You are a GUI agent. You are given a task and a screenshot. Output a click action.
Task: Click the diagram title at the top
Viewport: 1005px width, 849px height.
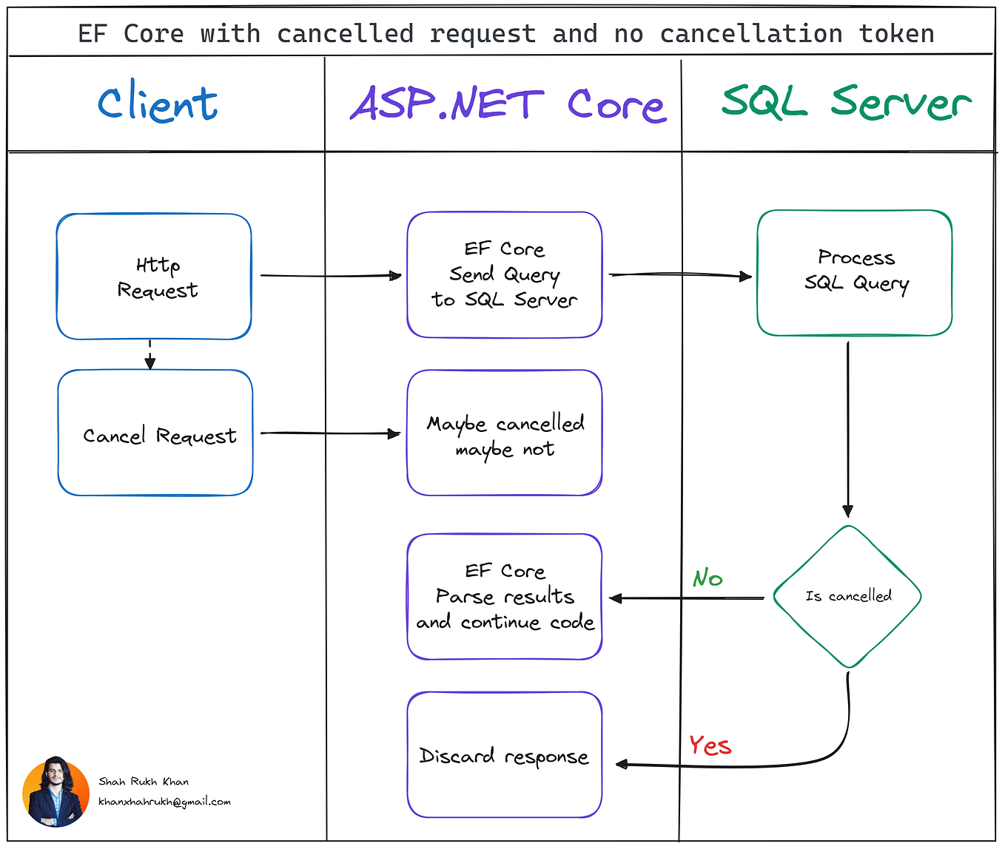[505, 34]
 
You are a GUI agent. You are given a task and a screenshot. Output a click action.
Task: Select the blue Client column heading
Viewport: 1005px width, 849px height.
[158, 103]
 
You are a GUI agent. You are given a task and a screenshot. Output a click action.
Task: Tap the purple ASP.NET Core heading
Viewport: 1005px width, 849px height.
[508, 104]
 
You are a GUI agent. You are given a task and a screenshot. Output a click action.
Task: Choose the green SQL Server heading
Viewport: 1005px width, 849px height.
[845, 102]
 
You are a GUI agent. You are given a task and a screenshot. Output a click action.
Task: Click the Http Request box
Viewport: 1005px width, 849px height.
[155, 277]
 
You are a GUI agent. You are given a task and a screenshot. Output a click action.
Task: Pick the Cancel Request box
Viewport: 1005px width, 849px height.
[156, 433]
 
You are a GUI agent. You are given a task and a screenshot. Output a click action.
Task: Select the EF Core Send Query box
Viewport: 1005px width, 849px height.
[505, 275]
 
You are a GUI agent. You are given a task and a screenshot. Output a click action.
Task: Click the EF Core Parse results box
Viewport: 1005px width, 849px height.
[505, 597]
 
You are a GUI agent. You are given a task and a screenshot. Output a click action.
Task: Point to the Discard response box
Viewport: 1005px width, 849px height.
[505, 755]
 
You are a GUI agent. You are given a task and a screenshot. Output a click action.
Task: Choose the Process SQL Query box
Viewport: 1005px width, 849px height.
[855, 272]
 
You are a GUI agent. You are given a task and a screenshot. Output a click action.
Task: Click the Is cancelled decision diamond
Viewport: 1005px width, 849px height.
[848, 596]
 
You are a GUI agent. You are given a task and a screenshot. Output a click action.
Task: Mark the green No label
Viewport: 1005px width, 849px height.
[707, 578]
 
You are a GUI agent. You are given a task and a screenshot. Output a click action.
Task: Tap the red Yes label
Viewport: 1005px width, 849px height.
[710, 745]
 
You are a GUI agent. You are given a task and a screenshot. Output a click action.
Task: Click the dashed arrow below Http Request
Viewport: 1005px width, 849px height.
[150, 355]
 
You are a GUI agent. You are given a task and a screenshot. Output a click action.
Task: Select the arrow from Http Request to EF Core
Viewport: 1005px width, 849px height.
[330, 276]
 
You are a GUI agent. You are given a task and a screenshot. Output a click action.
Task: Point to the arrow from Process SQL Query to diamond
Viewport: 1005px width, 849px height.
[848, 429]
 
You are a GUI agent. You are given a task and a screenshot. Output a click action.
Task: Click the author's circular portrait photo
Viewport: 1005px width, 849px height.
[56, 791]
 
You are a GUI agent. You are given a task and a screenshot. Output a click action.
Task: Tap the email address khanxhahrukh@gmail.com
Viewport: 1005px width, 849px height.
[164, 802]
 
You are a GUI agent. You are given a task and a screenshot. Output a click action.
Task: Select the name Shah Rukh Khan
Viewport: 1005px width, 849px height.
[144, 782]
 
